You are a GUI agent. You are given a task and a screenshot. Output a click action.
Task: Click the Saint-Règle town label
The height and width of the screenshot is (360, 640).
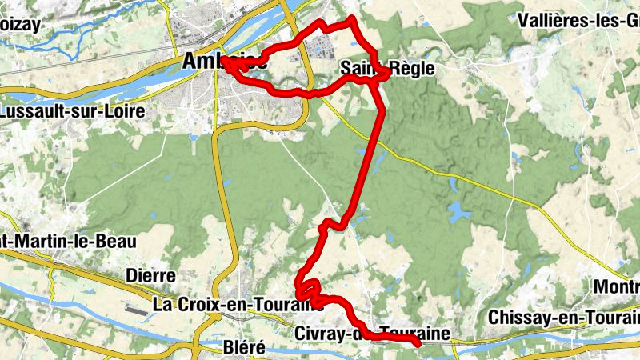coord(387,69)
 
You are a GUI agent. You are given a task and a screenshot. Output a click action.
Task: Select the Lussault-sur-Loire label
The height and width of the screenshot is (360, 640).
coord(60,111)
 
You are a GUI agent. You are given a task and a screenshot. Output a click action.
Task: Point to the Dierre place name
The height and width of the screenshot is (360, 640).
coord(150,276)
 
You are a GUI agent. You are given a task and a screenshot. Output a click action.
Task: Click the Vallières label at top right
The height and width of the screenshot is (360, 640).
coord(579,20)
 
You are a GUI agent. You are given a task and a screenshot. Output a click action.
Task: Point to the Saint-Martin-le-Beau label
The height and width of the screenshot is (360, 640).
coord(68,240)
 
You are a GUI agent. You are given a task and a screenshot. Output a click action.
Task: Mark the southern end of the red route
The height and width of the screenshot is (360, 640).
coord(418,344)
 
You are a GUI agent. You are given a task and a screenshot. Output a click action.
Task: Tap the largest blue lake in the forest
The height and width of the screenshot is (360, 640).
coord(458,212)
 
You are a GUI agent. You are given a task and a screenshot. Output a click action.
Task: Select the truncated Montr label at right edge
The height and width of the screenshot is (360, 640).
coord(616,287)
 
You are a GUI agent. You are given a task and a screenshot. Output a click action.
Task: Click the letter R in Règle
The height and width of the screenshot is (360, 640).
coord(397,69)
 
